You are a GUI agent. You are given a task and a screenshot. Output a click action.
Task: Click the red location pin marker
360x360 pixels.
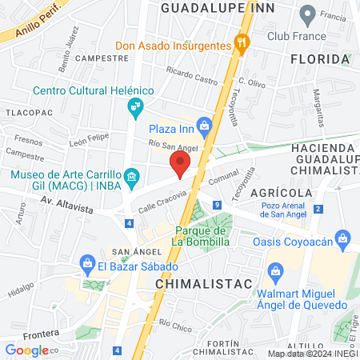tap(180, 166)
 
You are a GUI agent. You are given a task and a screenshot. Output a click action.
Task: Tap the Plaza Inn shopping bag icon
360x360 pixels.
tap(205, 126)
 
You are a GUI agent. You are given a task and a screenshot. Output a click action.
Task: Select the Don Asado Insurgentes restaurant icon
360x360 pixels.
tap(238, 45)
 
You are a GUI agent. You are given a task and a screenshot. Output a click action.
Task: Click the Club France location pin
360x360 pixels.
tap(307, 14)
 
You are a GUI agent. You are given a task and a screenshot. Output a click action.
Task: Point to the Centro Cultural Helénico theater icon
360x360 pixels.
tap(136, 105)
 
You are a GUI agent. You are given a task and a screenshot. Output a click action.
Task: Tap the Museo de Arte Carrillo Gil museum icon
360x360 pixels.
tap(133, 175)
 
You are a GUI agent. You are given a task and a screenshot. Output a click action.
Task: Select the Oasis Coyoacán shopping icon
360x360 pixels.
tap(345, 238)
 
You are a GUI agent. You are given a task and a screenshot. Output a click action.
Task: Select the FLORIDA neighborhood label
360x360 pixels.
tap(320, 59)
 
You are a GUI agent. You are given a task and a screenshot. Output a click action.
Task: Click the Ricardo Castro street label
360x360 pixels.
tap(193, 81)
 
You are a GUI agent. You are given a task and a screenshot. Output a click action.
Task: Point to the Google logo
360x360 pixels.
tap(26, 350)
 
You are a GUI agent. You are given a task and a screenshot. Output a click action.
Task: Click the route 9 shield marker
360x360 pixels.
tap(217, 206)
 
